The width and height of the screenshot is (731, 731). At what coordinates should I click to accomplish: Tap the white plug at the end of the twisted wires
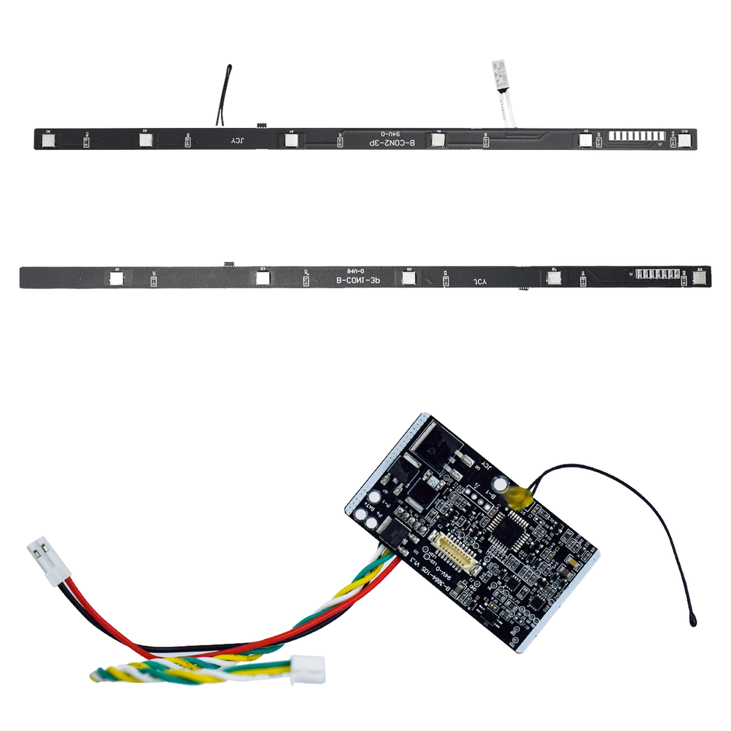tap(309, 669)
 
